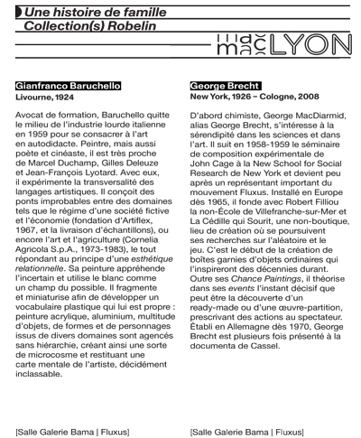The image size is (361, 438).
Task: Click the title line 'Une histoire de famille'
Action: point(96,13)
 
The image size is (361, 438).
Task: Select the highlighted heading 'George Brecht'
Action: point(222,85)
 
